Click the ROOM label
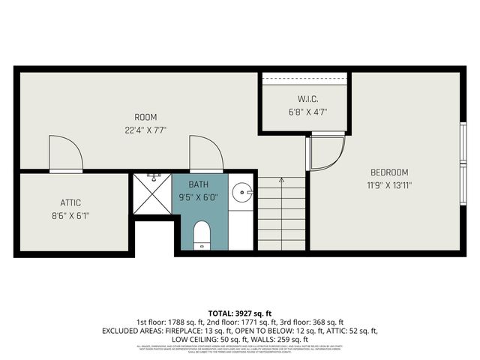(145, 117)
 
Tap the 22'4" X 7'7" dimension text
(145, 130)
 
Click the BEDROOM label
(388, 172)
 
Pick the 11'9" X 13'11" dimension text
(388, 184)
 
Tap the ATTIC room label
(70, 202)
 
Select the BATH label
(199, 184)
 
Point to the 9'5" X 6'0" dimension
(199, 198)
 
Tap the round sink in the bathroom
(241, 193)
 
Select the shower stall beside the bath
(153, 196)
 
